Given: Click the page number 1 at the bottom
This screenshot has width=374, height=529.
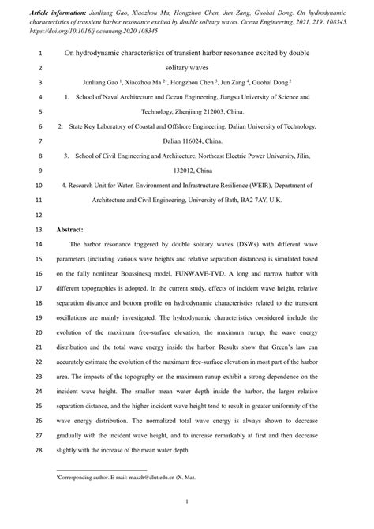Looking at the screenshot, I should (x=187, y=501).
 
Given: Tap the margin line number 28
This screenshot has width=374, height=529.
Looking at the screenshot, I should (x=39, y=449).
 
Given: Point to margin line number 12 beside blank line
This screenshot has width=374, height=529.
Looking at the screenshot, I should (x=39, y=214).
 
